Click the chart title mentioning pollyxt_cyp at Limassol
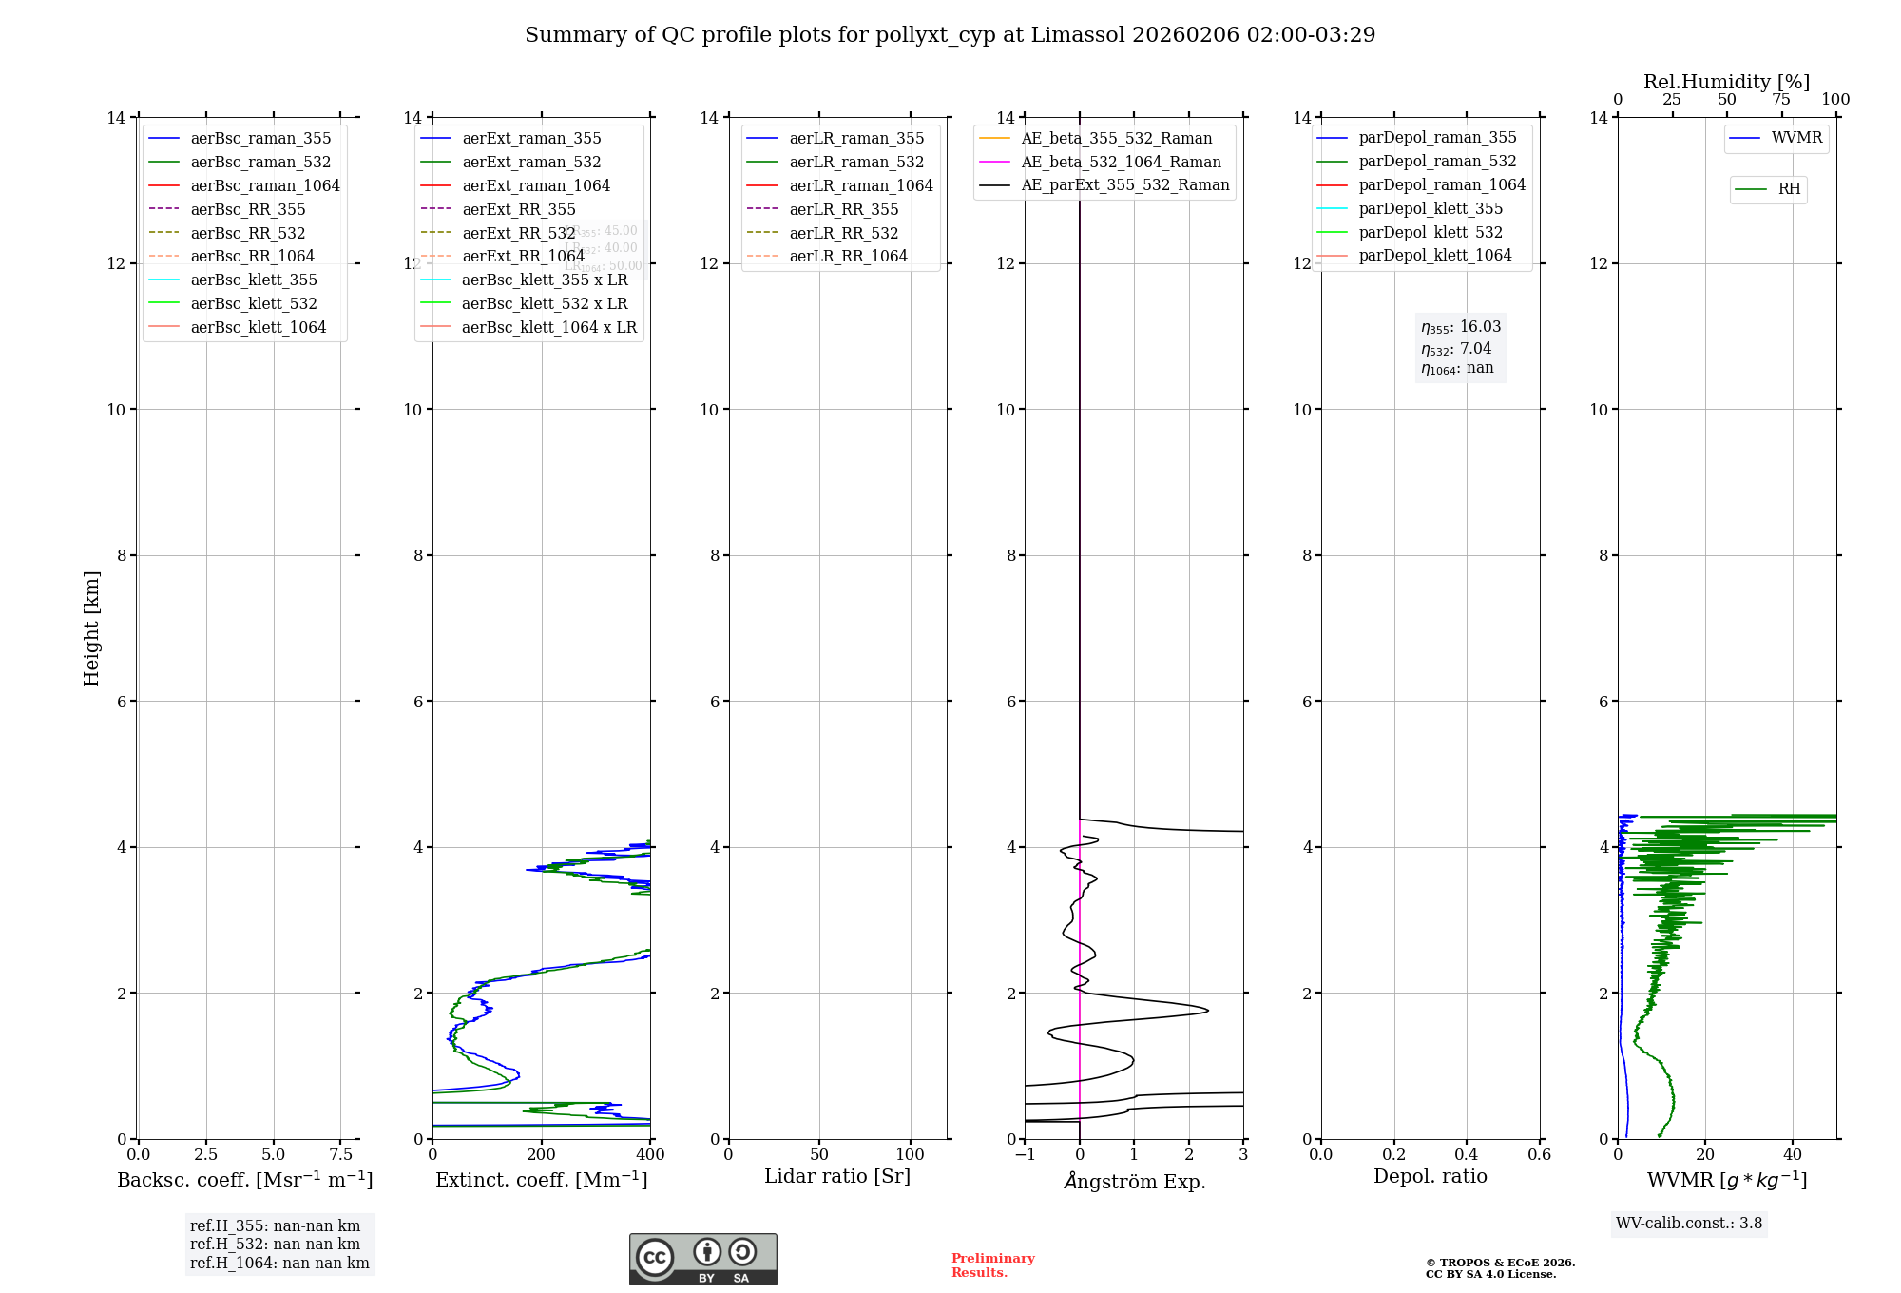[950, 35]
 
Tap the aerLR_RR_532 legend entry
[843, 233]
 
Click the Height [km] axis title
[91, 627]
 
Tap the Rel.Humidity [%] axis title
[1726, 82]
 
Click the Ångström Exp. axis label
[1134, 1181]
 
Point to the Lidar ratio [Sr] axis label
[837, 1176]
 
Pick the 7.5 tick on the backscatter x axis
[341, 1154]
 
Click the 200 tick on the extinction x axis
[542, 1154]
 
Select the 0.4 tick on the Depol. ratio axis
[1467, 1154]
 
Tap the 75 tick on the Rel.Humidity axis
[1781, 100]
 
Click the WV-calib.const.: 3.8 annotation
[1689, 1223]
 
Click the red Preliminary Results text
[992, 1264]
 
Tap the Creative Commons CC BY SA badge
[702, 1259]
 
